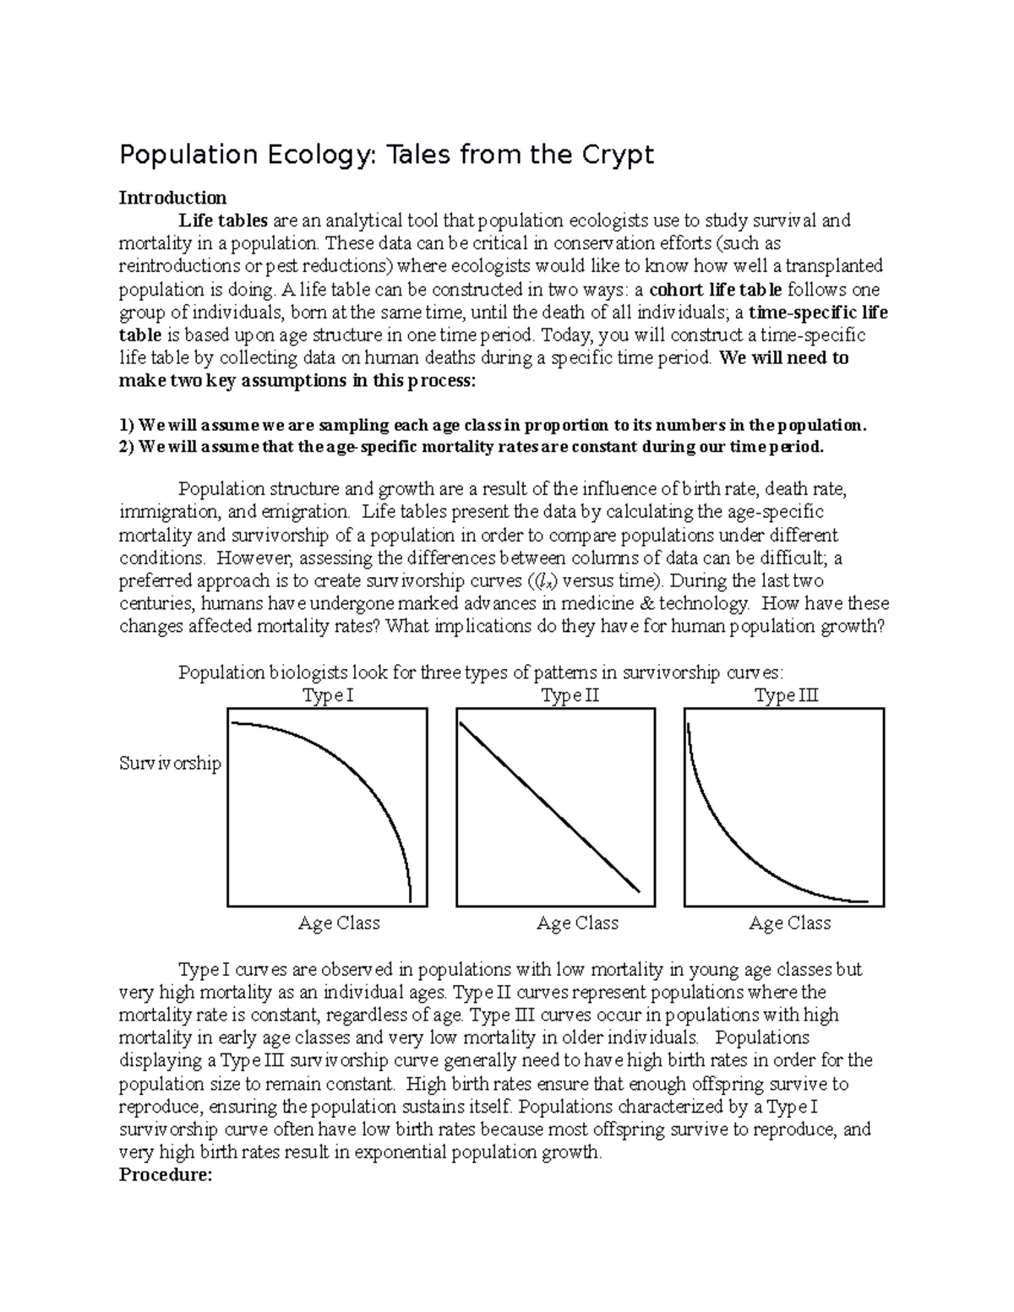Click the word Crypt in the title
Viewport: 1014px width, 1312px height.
(614, 155)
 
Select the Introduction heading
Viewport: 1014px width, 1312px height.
(172, 198)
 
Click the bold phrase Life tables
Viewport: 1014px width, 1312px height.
(223, 220)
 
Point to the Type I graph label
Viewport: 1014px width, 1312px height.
(328, 696)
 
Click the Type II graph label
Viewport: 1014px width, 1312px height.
(570, 696)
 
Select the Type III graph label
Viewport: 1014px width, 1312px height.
(786, 696)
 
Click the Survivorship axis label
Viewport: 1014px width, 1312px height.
(170, 764)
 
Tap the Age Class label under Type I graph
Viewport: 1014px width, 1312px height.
(339, 923)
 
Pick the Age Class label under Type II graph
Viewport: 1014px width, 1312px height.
(578, 923)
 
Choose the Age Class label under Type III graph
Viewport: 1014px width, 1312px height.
(790, 923)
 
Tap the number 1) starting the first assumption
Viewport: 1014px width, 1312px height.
(127, 424)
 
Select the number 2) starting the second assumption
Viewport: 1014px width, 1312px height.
(127, 447)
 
